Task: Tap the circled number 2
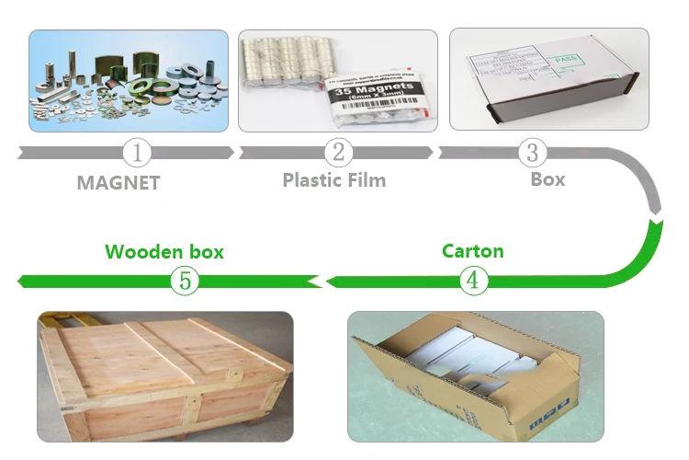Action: tap(338, 152)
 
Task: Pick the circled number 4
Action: tap(472, 281)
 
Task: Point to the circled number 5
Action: tap(184, 281)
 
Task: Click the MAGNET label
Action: tap(118, 182)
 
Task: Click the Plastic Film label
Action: tap(333, 179)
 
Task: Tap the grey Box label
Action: tap(548, 179)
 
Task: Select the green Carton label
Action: tap(472, 250)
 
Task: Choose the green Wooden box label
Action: tap(164, 251)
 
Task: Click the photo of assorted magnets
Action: tap(128, 80)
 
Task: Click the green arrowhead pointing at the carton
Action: tap(336, 281)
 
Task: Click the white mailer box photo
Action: tap(548, 80)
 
